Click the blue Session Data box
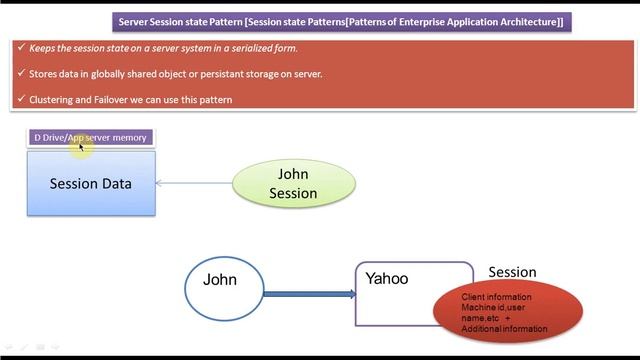coord(91,184)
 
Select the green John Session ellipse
coord(293,183)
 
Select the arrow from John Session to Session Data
coord(194,183)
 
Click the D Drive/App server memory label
coord(90,137)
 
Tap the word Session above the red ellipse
coord(512,272)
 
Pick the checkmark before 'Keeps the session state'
coord(21,48)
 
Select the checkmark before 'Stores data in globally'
coord(21,74)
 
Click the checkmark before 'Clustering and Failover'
coord(21,100)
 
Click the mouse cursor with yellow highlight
coord(79,146)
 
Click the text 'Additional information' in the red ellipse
coord(504,329)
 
